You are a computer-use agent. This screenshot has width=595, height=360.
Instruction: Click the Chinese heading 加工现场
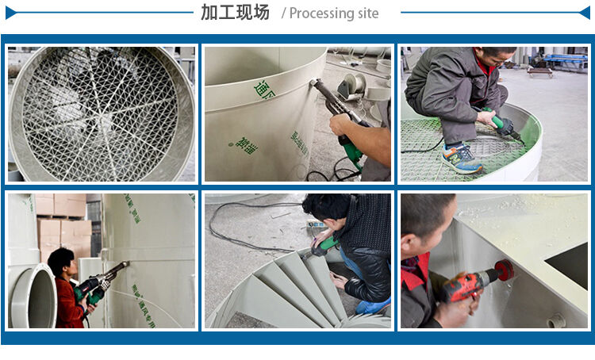(235, 13)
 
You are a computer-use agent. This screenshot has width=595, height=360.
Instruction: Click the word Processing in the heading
(321, 13)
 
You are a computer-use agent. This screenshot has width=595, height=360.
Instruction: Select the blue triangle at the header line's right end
(585, 13)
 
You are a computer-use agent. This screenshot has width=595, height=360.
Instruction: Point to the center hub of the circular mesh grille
(102, 113)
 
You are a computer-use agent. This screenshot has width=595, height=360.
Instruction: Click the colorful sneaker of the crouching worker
(462, 159)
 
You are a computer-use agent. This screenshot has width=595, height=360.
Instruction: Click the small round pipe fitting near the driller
(558, 320)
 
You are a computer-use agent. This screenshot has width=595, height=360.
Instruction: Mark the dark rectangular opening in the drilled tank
(568, 265)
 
